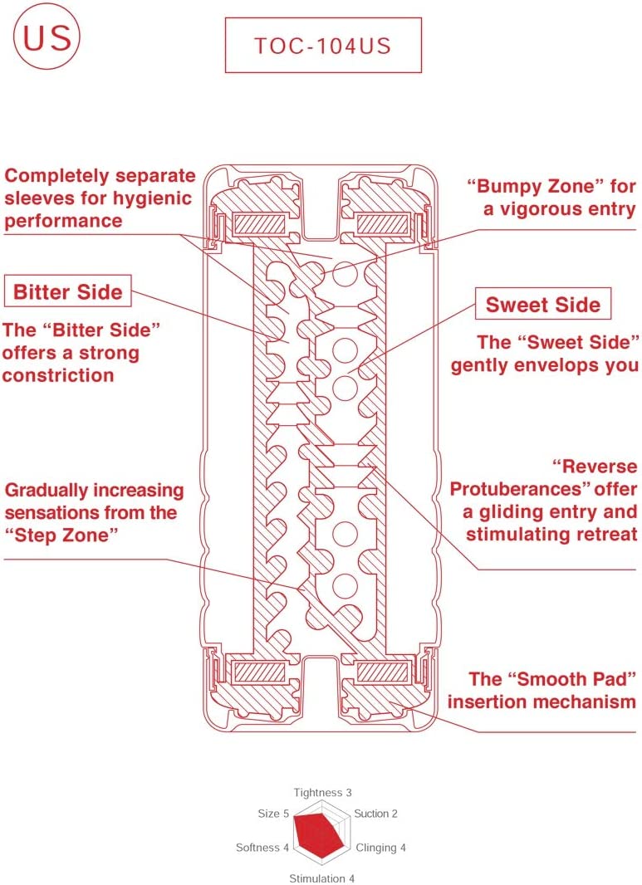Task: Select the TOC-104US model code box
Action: point(323,45)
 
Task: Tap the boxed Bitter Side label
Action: point(68,291)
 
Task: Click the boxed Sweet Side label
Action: point(542,305)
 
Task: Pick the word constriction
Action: point(58,375)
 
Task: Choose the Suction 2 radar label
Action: point(375,814)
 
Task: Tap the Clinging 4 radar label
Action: point(380,848)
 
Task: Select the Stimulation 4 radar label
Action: point(322,878)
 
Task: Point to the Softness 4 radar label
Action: point(262,848)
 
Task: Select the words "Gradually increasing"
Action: point(93,490)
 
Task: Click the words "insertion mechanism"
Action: point(542,702)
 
